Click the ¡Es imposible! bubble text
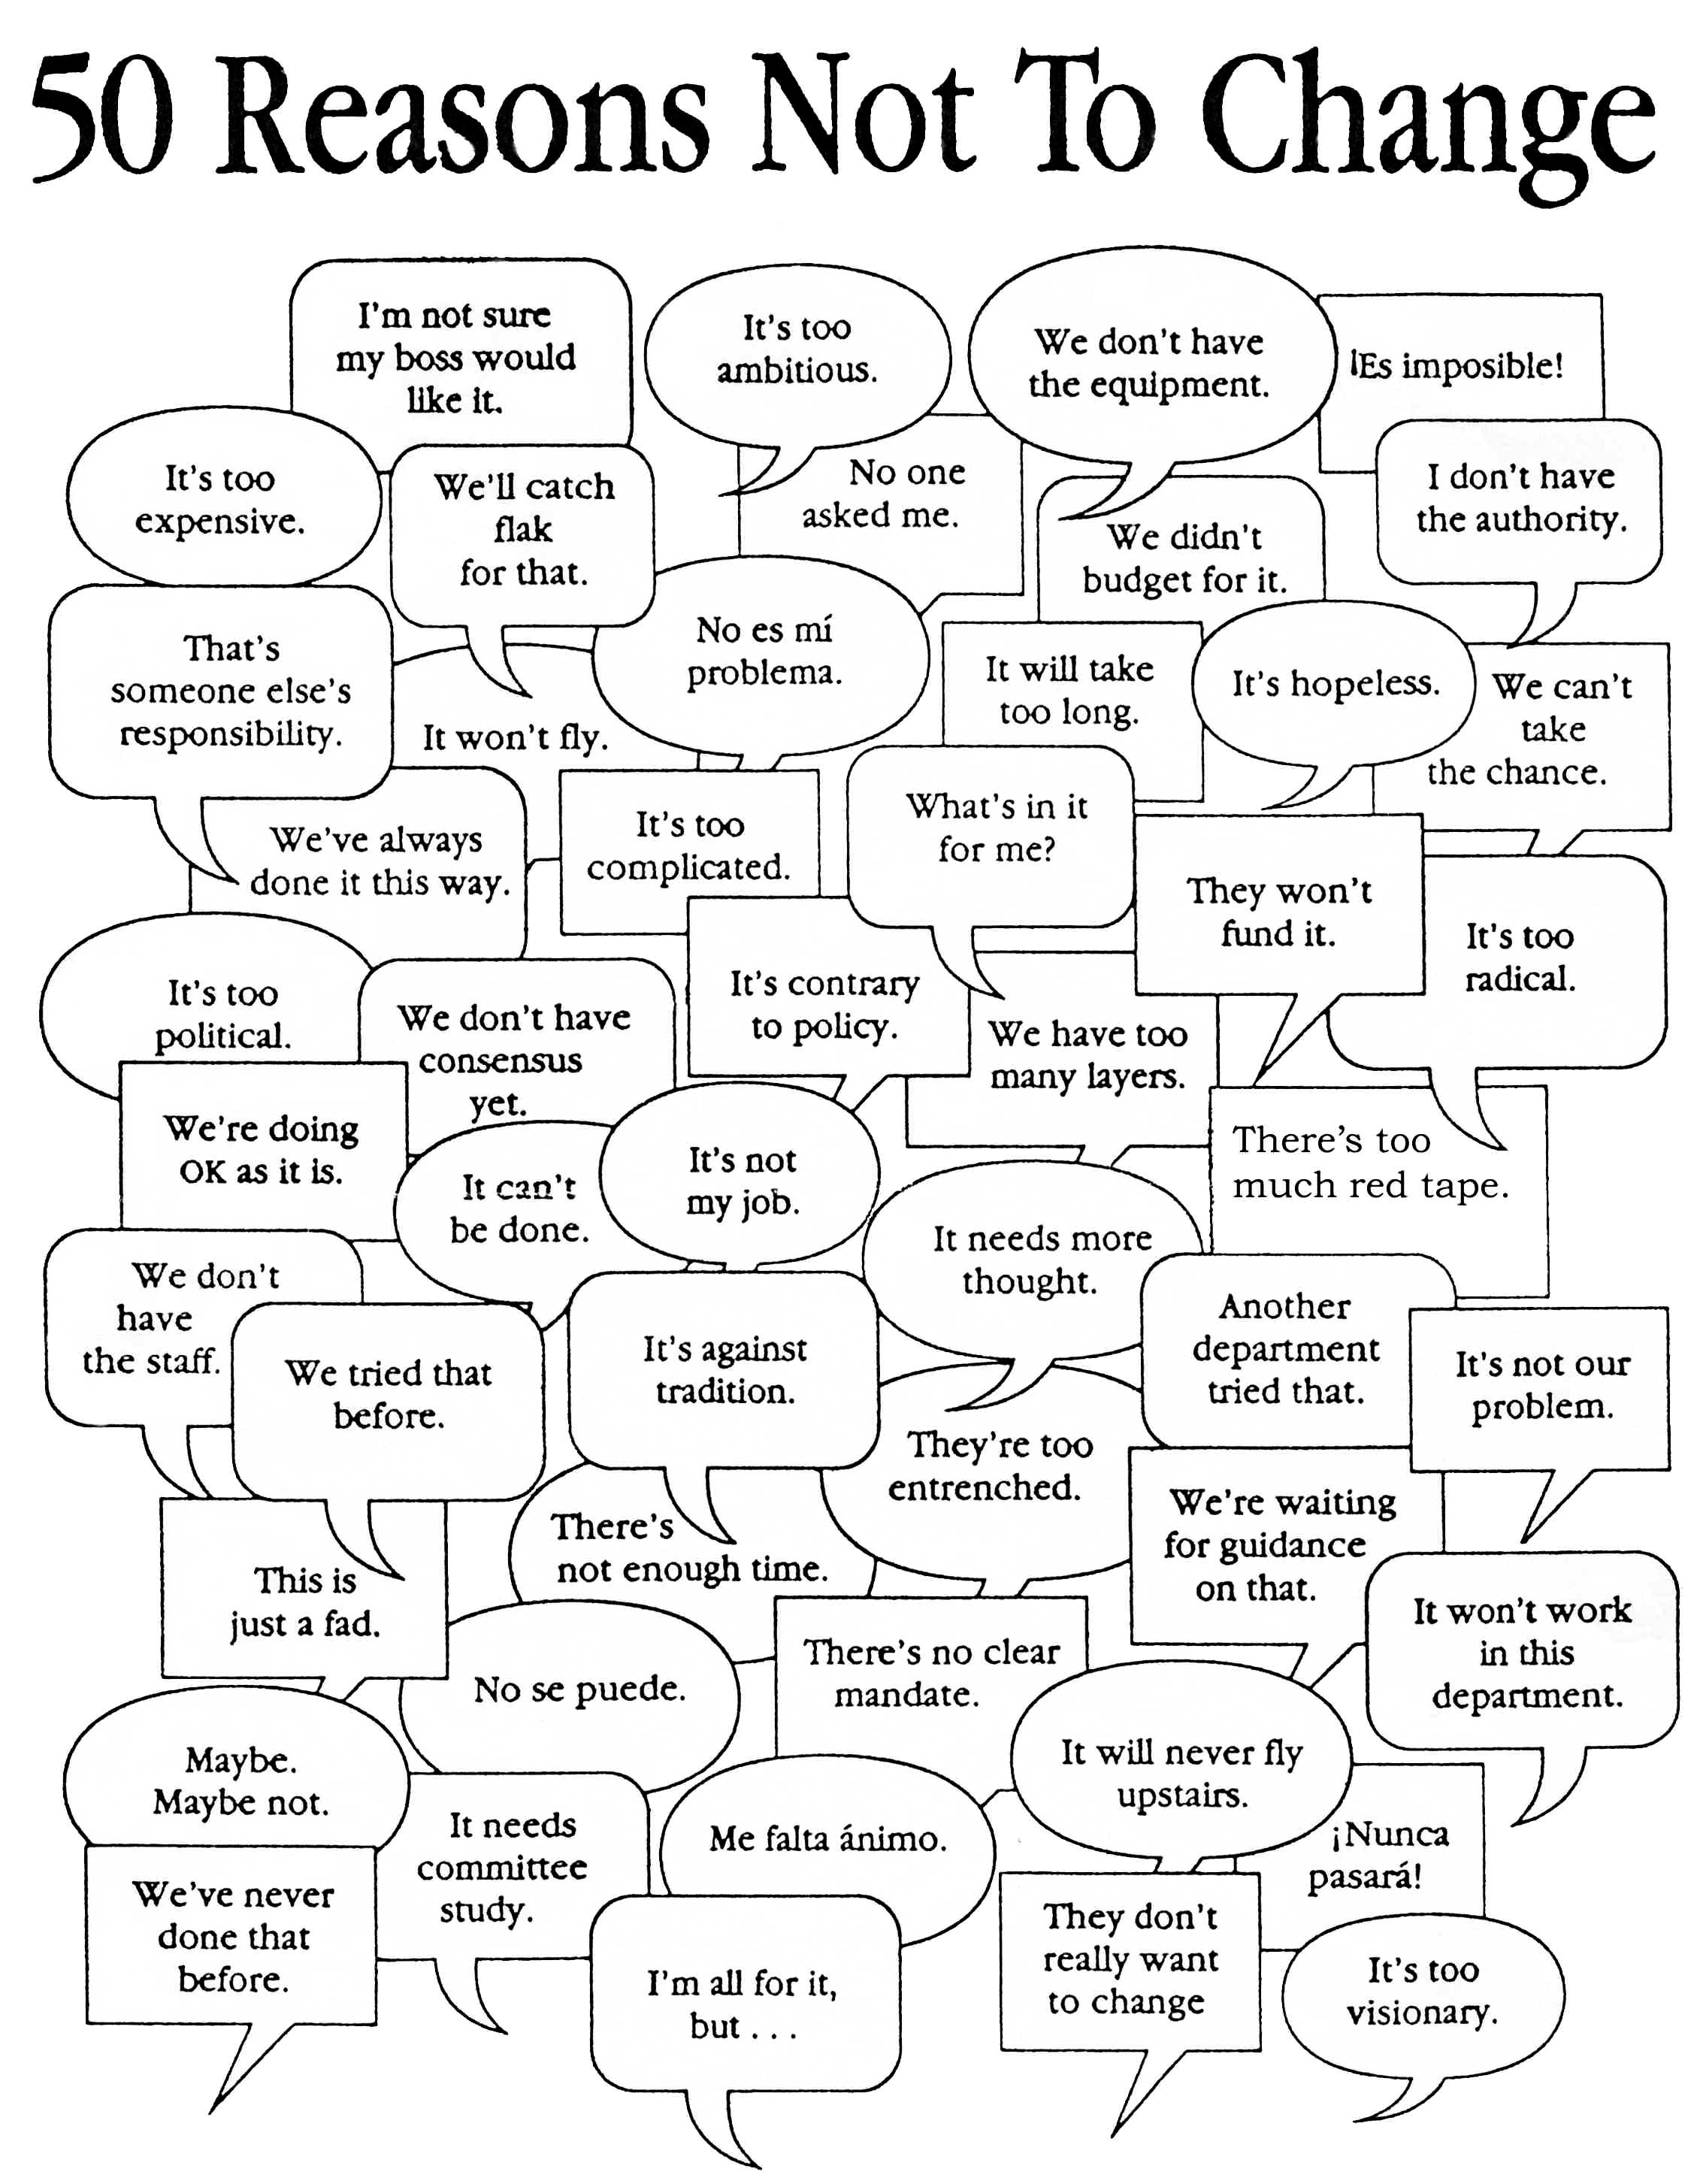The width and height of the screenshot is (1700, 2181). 1457,365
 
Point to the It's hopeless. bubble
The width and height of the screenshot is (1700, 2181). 1335,683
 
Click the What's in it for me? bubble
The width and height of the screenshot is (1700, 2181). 992,836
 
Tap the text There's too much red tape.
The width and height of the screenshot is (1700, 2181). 1369,1163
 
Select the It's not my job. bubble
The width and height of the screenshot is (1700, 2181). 740,1178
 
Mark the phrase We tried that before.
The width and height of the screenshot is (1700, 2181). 389,1394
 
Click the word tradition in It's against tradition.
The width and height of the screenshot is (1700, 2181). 725,1391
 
